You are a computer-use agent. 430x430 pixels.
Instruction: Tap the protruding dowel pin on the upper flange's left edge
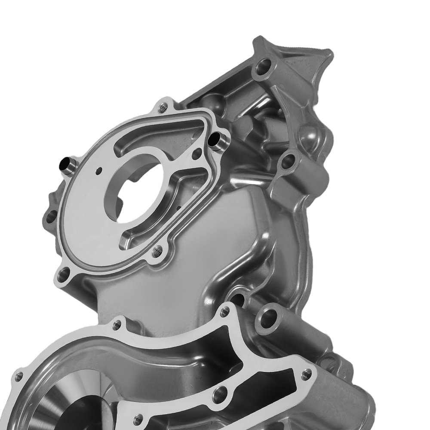(x=65, y=164)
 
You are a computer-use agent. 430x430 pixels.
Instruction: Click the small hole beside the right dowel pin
(x=197, y=152)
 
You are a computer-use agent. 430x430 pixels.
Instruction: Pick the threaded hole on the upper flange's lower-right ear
(x=157, y=250)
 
